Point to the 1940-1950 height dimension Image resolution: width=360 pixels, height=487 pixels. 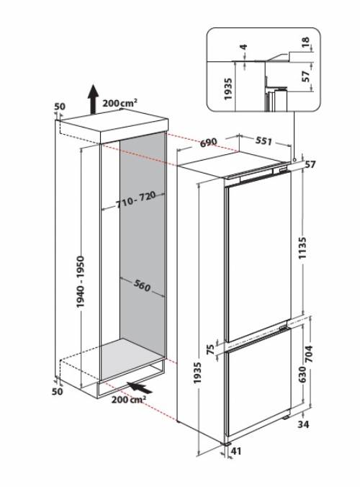pyautogui.click(x=81, y=280)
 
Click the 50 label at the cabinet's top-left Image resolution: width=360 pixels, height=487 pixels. pyautogui.click(x=60, y=107)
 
